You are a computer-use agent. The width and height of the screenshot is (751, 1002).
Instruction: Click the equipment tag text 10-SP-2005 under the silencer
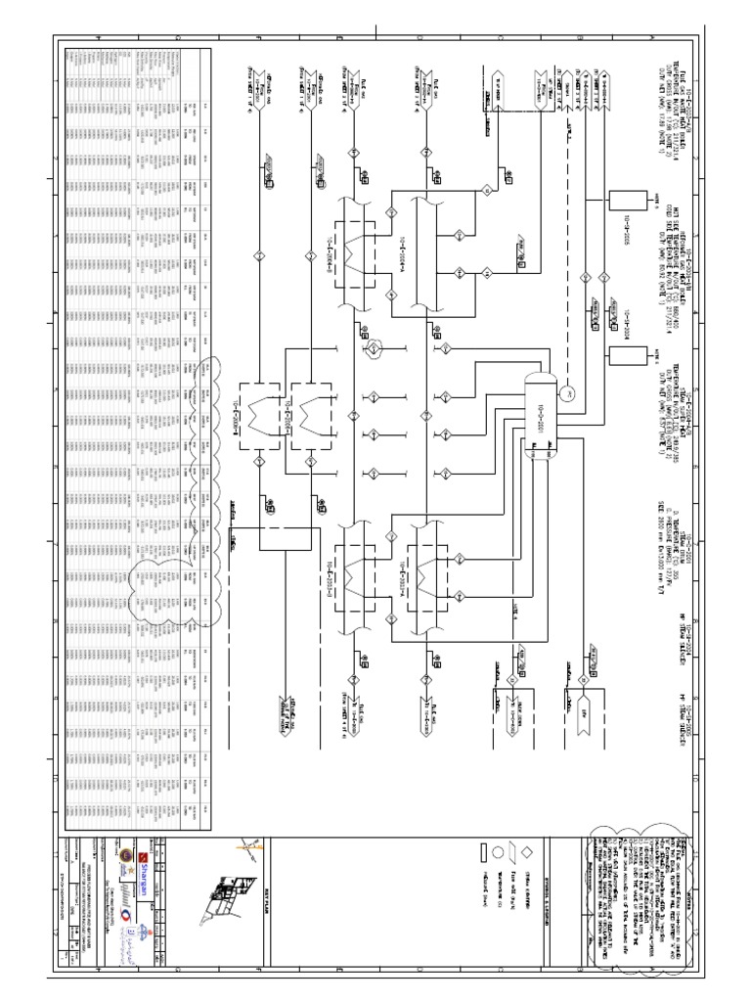point(613,225)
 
